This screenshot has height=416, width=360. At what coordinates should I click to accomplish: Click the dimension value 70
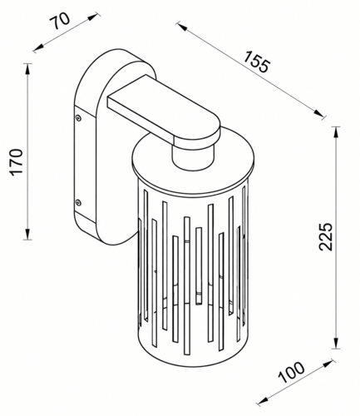[x=61, y=21]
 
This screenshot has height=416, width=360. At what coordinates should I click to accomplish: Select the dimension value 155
[x=256, y=62]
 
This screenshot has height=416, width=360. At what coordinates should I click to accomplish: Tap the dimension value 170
[x=16, y=162]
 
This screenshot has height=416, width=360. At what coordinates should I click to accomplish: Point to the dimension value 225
[x=325, y=236]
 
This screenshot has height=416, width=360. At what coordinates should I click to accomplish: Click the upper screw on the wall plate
[x=78, y=117]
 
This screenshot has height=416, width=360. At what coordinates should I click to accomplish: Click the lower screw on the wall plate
[x=78, y=202]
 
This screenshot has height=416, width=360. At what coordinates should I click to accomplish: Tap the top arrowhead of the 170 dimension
[x=27, y=69]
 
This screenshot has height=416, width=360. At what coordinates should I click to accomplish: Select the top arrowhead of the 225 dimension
[x=336, y=132]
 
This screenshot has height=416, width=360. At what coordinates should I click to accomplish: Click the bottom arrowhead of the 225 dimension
[x=336, y=343]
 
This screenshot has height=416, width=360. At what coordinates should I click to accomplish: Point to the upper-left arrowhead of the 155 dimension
[x=182, y=27]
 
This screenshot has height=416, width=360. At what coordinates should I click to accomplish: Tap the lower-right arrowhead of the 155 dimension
[x=318, y=113]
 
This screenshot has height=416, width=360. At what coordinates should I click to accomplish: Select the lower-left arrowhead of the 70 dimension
[x=38, y=47]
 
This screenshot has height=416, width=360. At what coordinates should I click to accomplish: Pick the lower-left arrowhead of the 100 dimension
[x=262, y=401]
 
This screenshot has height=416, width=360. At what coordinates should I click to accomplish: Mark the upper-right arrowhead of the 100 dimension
[x=328, y=363]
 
